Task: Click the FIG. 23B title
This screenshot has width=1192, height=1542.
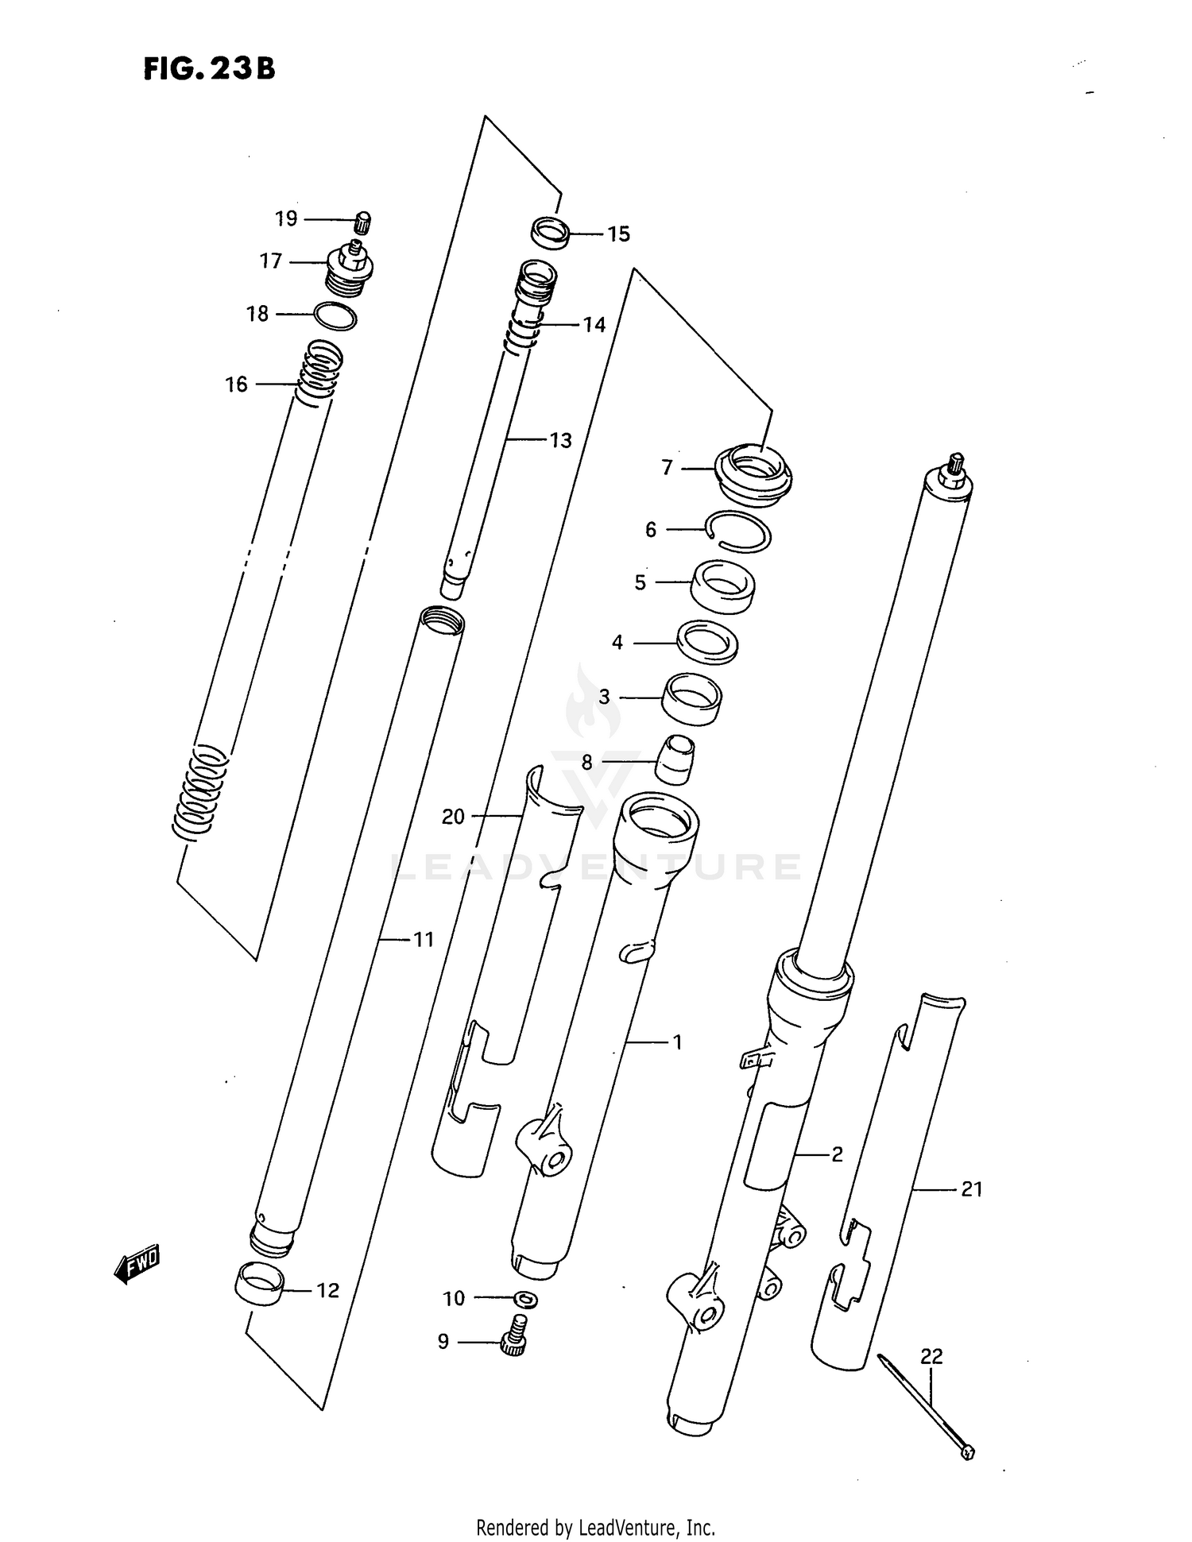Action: [209, 69]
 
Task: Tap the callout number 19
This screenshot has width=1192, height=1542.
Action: [286, 218]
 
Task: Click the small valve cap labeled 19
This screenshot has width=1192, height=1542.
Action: [362, 222]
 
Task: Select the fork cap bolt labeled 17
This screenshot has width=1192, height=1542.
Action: [350, 270]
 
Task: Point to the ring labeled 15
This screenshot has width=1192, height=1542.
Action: [550, 233]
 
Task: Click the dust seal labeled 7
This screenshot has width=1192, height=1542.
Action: [754, 474]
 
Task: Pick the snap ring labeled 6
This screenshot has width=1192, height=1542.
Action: [738, 531]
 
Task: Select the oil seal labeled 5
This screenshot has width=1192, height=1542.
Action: [722, 585]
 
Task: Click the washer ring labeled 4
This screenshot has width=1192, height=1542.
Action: [706, 641]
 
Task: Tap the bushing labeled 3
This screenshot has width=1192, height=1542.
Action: [692, 698]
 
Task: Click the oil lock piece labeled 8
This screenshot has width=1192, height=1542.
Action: [675, 759]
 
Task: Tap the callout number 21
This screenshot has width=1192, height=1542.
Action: [972, 1189]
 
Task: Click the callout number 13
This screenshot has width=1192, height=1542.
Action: [560, 441]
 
